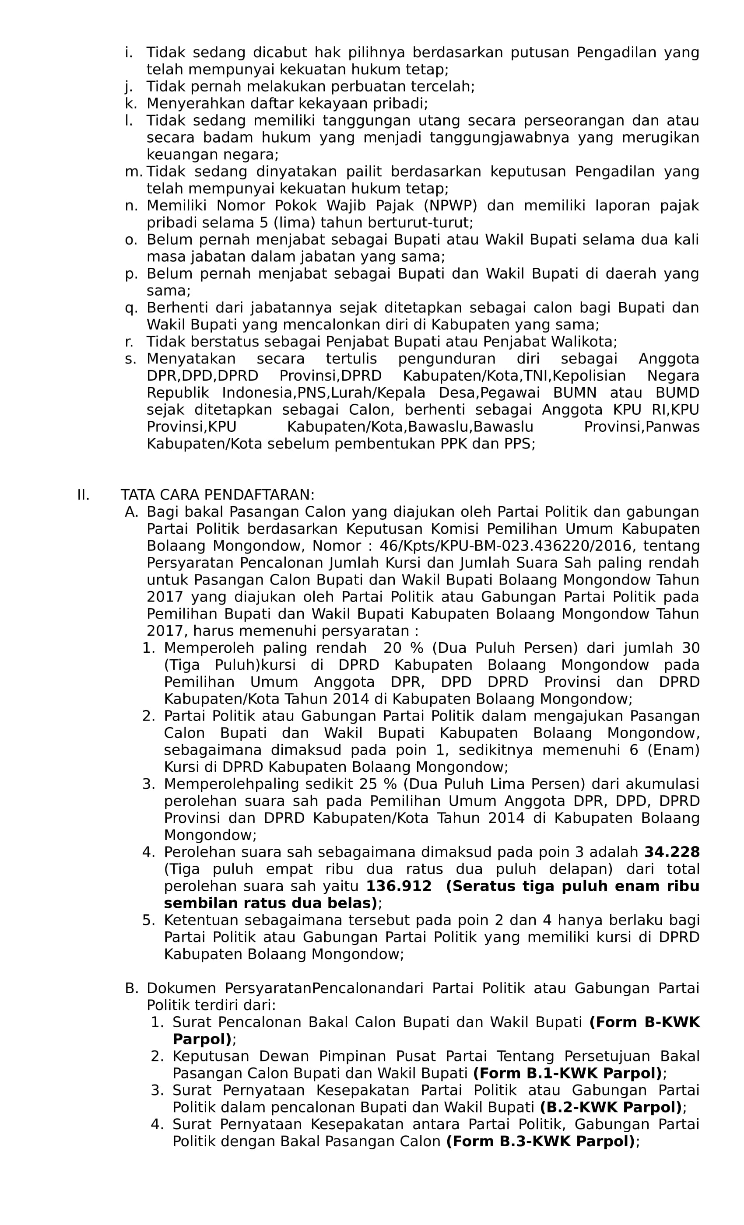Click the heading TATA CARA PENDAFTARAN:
[218, 495]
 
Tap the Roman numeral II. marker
[83, 495]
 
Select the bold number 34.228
[671, 852]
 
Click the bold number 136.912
[398, 886]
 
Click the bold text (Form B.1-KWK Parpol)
[567, 1073]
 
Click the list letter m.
[133, 171]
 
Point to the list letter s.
[130, 358]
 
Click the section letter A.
[131, 511]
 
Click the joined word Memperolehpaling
[232, 784]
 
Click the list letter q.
[131, 308]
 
